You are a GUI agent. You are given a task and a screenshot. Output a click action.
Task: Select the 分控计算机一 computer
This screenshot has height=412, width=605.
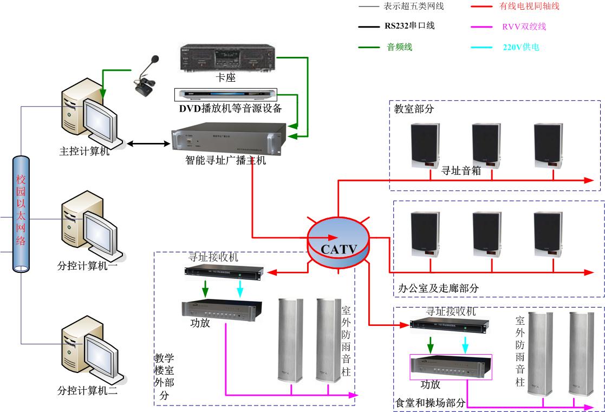tap(89, 227)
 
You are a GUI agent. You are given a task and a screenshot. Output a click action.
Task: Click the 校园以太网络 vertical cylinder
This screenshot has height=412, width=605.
tap(21, 214)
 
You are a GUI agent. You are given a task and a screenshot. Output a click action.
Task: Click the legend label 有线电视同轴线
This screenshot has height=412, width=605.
tap(529, 6)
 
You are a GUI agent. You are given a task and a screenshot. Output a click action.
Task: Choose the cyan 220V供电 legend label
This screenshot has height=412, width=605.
tap(521, 47)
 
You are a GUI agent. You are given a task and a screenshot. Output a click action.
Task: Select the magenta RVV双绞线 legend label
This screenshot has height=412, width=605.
tap(524, 26)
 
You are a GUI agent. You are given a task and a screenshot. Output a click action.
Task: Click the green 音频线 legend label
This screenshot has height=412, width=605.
tap(399, 47)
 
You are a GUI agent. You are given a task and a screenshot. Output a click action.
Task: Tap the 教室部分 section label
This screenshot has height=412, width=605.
tap(414, 109)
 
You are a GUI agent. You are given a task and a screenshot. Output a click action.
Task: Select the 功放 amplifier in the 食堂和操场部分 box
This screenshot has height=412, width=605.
tap(452, 367)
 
